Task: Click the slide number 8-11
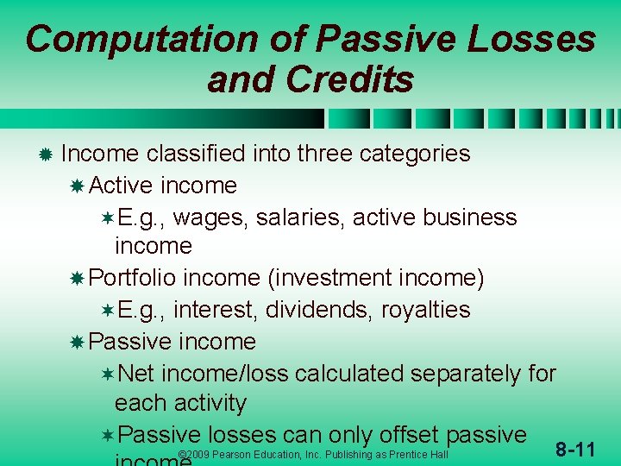point(575,449)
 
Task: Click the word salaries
point(294,217)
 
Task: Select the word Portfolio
point(133,278)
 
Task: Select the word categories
point(415,154)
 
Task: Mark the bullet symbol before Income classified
point(45,154)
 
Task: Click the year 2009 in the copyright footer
point(195,455)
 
